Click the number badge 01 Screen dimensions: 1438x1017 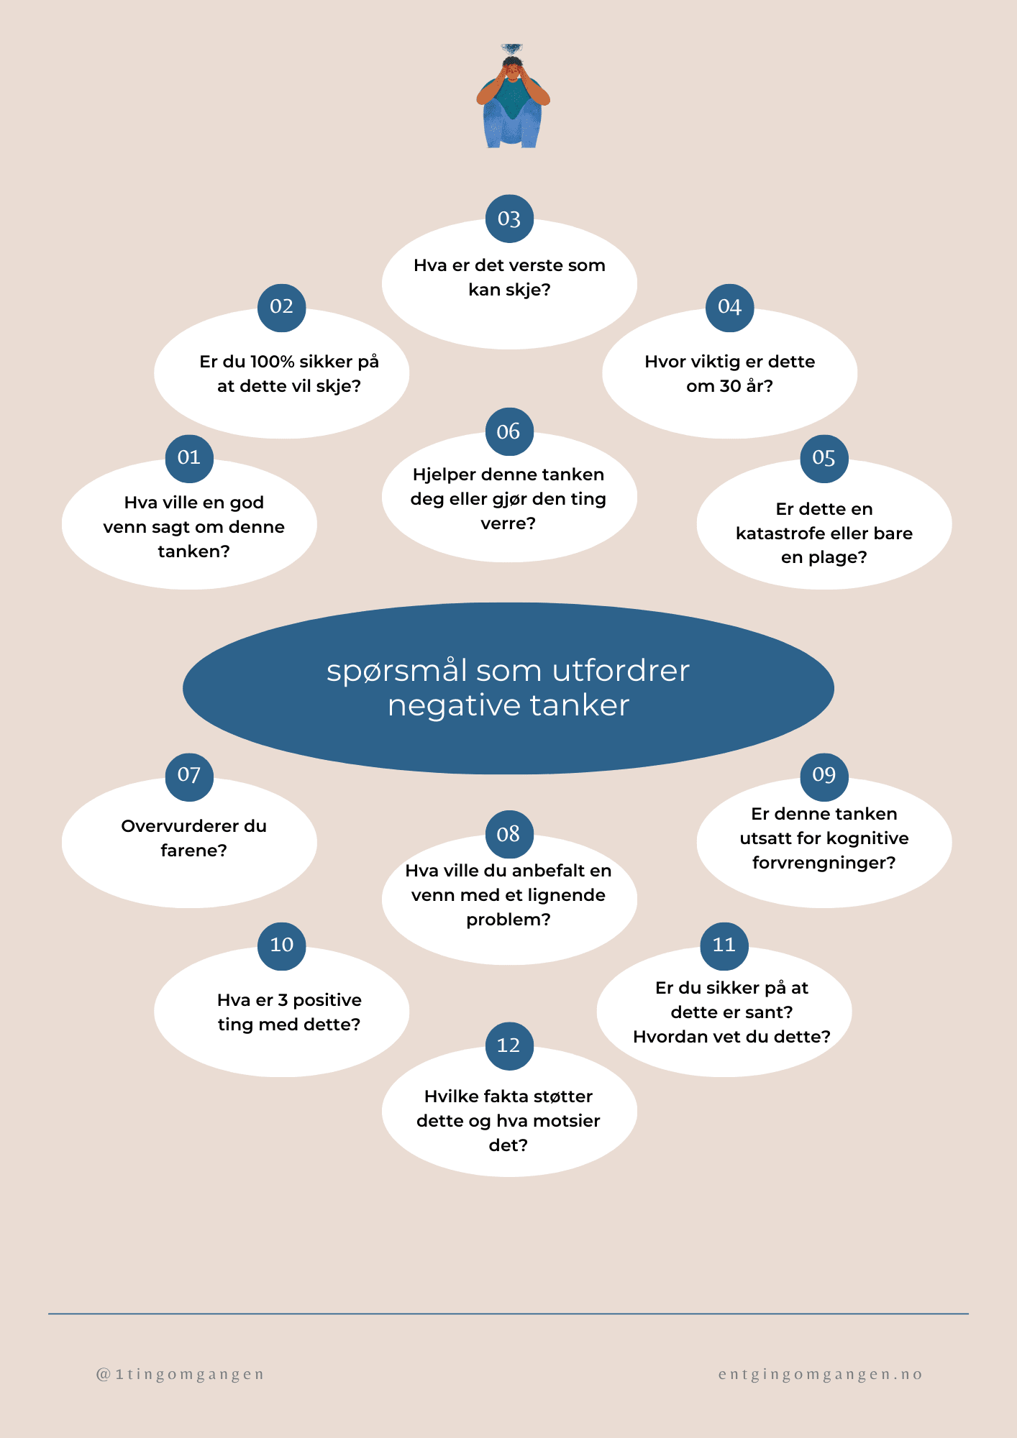tap(189, 458)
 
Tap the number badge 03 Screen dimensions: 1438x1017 tap(509, 219)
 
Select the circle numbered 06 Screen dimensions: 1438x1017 tap(509, 431)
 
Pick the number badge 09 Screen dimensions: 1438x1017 tap(824, 775)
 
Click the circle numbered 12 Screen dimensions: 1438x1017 tap(509, 1045)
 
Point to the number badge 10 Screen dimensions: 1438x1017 tap(282, 945)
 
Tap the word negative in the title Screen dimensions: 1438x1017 tap(453, 706)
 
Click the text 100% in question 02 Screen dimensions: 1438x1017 tap(272, 362)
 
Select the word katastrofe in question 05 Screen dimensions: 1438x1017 tap(780, 533)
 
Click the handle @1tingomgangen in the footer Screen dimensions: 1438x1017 tap(181, 1375)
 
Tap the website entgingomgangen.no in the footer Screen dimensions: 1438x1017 tap(821, 1375)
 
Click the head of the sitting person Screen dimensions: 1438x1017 tap(511, 68)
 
